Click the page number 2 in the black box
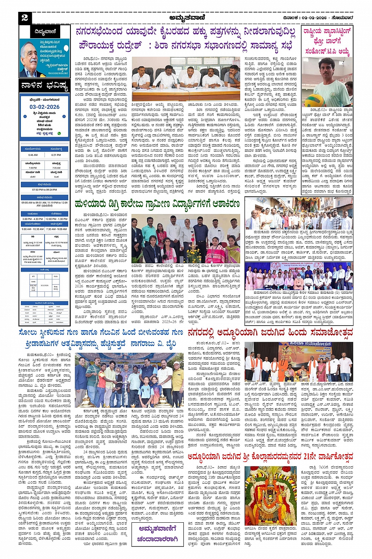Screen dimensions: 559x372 click(25, 17)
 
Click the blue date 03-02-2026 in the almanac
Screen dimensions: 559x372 click(44, 107)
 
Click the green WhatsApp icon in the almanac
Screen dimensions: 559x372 click(59, 133)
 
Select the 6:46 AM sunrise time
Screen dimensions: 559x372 click(33, 155)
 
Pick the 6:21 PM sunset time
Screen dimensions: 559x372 click(56, 155)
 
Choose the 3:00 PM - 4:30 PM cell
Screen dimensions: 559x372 click(33, 219)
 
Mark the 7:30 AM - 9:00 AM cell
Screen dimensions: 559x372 click(56, 229)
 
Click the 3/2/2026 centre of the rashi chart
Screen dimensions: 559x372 click(44, 285)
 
